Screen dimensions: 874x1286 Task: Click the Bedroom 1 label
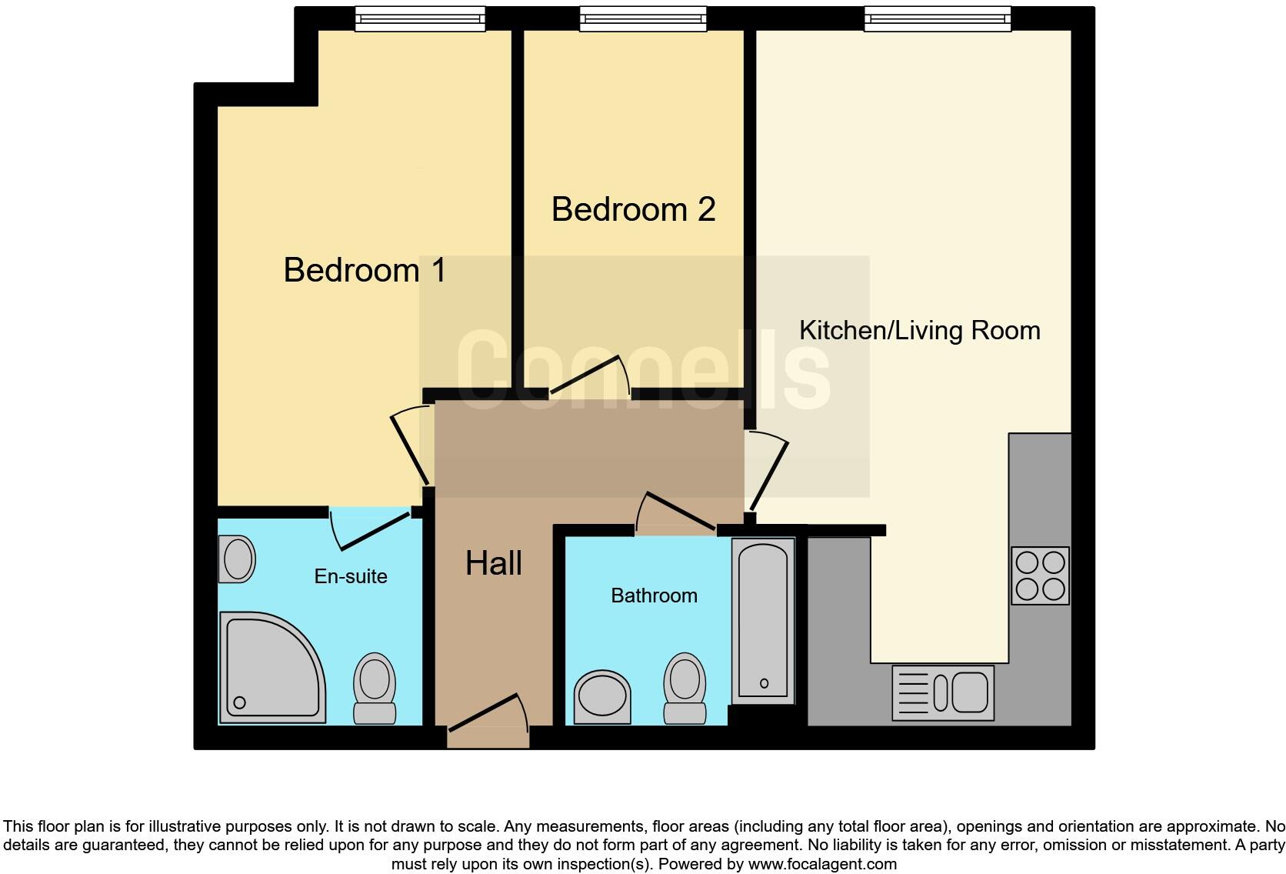point(365,270)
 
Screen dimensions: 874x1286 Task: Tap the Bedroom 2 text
point(633,209)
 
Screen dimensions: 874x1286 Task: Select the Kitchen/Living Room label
point(919,330)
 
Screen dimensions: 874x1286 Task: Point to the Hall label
point(493,563)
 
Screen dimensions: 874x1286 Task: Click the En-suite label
point(351,576)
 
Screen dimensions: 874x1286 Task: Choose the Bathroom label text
point(654,595)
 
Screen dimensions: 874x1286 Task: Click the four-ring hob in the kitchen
point(1040,575)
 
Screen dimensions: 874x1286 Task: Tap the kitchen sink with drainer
point(942,692)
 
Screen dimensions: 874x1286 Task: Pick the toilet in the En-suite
point(375,689)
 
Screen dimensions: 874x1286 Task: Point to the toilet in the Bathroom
point(685,688)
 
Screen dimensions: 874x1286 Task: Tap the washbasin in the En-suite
point(237,559)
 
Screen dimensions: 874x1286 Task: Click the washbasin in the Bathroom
point(603,696)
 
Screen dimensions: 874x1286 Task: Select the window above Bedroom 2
point(643,18)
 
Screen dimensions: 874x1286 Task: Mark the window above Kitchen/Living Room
point(937,18)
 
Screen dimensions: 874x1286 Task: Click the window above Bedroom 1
point(420,18)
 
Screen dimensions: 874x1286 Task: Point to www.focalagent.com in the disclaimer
point(822,864)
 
